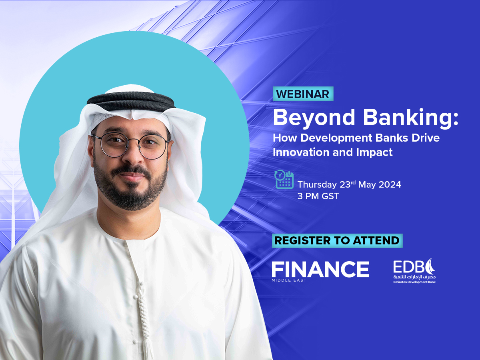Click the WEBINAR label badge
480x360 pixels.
303,94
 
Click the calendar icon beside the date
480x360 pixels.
284,179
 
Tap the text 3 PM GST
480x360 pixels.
318,196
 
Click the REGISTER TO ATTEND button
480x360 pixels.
337,240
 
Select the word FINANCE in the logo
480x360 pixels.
320,269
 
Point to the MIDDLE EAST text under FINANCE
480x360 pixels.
289,280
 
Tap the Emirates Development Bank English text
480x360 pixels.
414,282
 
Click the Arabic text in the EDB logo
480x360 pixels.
414,277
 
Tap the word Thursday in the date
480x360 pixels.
317,185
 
